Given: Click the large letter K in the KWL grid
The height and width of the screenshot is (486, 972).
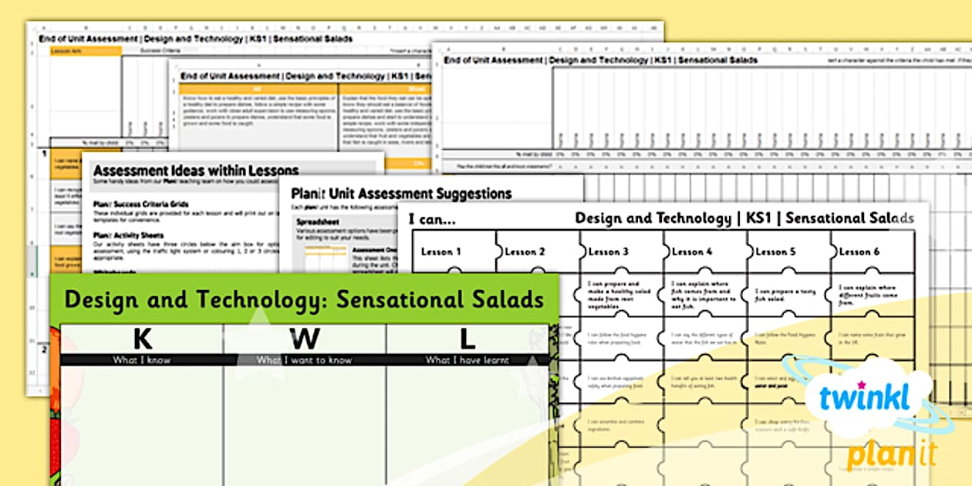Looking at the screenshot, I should pyautogui.click(x=142, y=339).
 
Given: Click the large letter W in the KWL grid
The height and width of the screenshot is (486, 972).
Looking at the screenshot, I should pyautogui.click(x=305, y=339).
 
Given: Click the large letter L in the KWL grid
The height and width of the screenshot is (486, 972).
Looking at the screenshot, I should pyautogui.click(x=467, y=339).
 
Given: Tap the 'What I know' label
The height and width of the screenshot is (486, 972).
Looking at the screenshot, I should pyautogui.click(x=142, y=359).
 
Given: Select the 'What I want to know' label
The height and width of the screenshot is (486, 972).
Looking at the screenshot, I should pyautogui.click(x=305, y=359).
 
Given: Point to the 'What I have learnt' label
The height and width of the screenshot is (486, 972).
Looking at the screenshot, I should pyautogui.click(x=467, y=359).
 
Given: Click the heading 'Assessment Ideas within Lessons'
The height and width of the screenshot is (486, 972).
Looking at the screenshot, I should pyautogui.click(x=195, y=170).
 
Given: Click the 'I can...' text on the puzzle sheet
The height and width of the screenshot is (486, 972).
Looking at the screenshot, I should pyautogui.click(x=432, y=219).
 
